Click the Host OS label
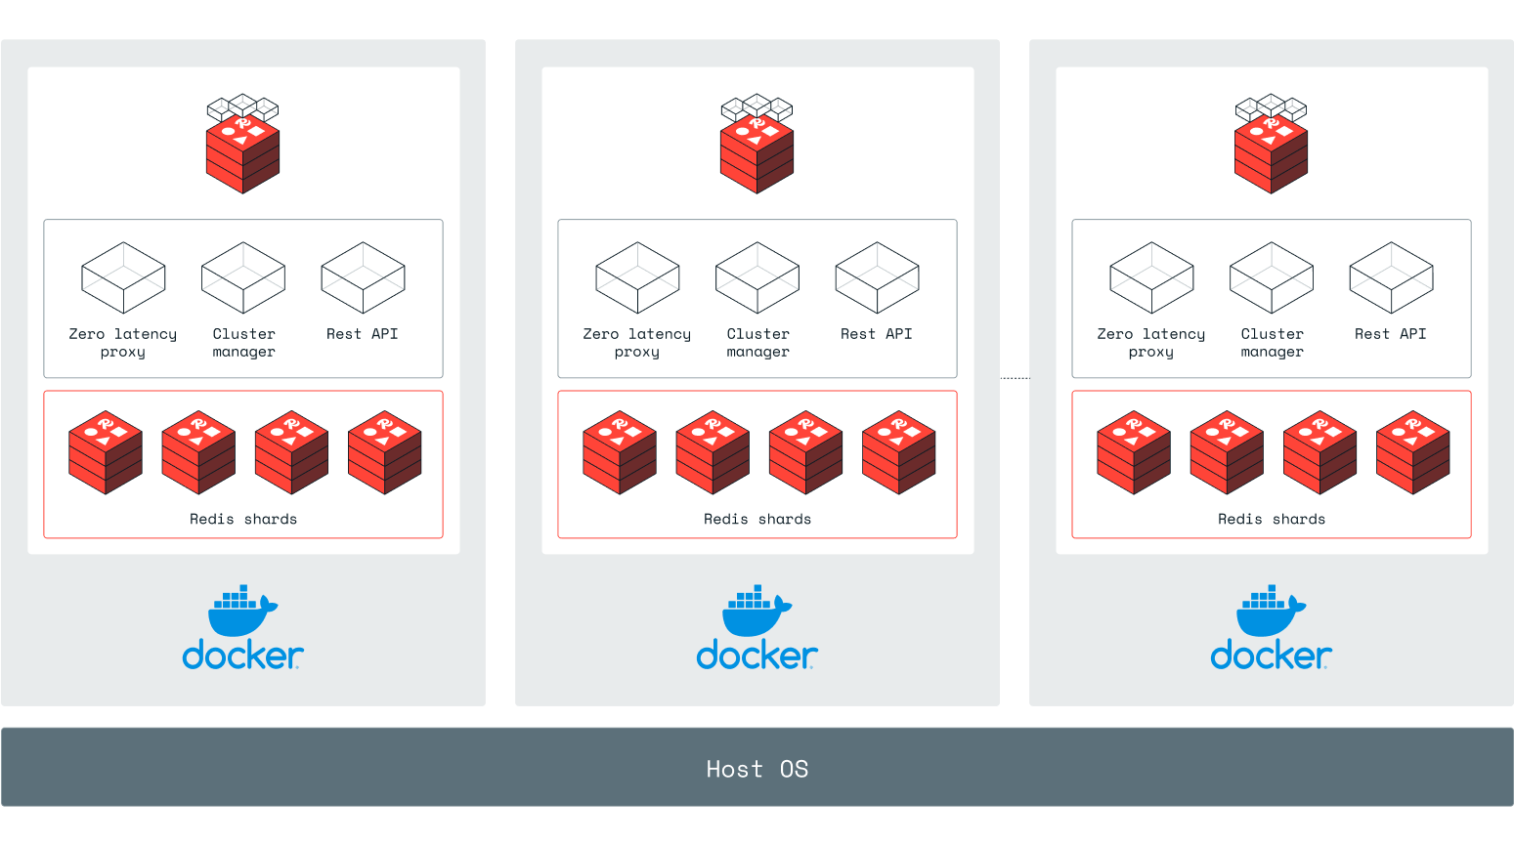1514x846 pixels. pyautogui.click(x=757, y=769)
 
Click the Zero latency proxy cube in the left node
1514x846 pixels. pyautogui.click(x=123, y=278)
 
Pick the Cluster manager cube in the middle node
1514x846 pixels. pyautogui.click(x=757, y=278)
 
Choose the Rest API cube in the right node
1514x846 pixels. pyautogui.click(x=1391, y=278)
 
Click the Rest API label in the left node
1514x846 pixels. pyautogui.click(x=363, y=334)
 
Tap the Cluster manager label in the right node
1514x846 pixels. pyautogui.click(x=1272, y=343)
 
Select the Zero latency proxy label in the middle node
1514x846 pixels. pyautogui.click(x=637, y=343)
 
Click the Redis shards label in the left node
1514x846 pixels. pyautogui.click(x=243, y=520)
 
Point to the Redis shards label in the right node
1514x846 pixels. pyautogui.click(x=1272, y=520)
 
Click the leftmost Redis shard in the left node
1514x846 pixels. pyautogui.click(x=106, y=452)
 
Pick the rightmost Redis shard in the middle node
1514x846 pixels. pyautogui.click(x=899, y=452)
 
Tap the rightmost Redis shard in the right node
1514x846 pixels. pyautogui.click(x=1413, y=452)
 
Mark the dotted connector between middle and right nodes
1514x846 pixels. pyautogui.click(x=1016, y=378)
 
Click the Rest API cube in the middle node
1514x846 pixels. pyautogui.click(x=877, y=278)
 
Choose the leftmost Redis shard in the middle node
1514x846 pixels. pyautogui.click(x=620, y=452)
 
